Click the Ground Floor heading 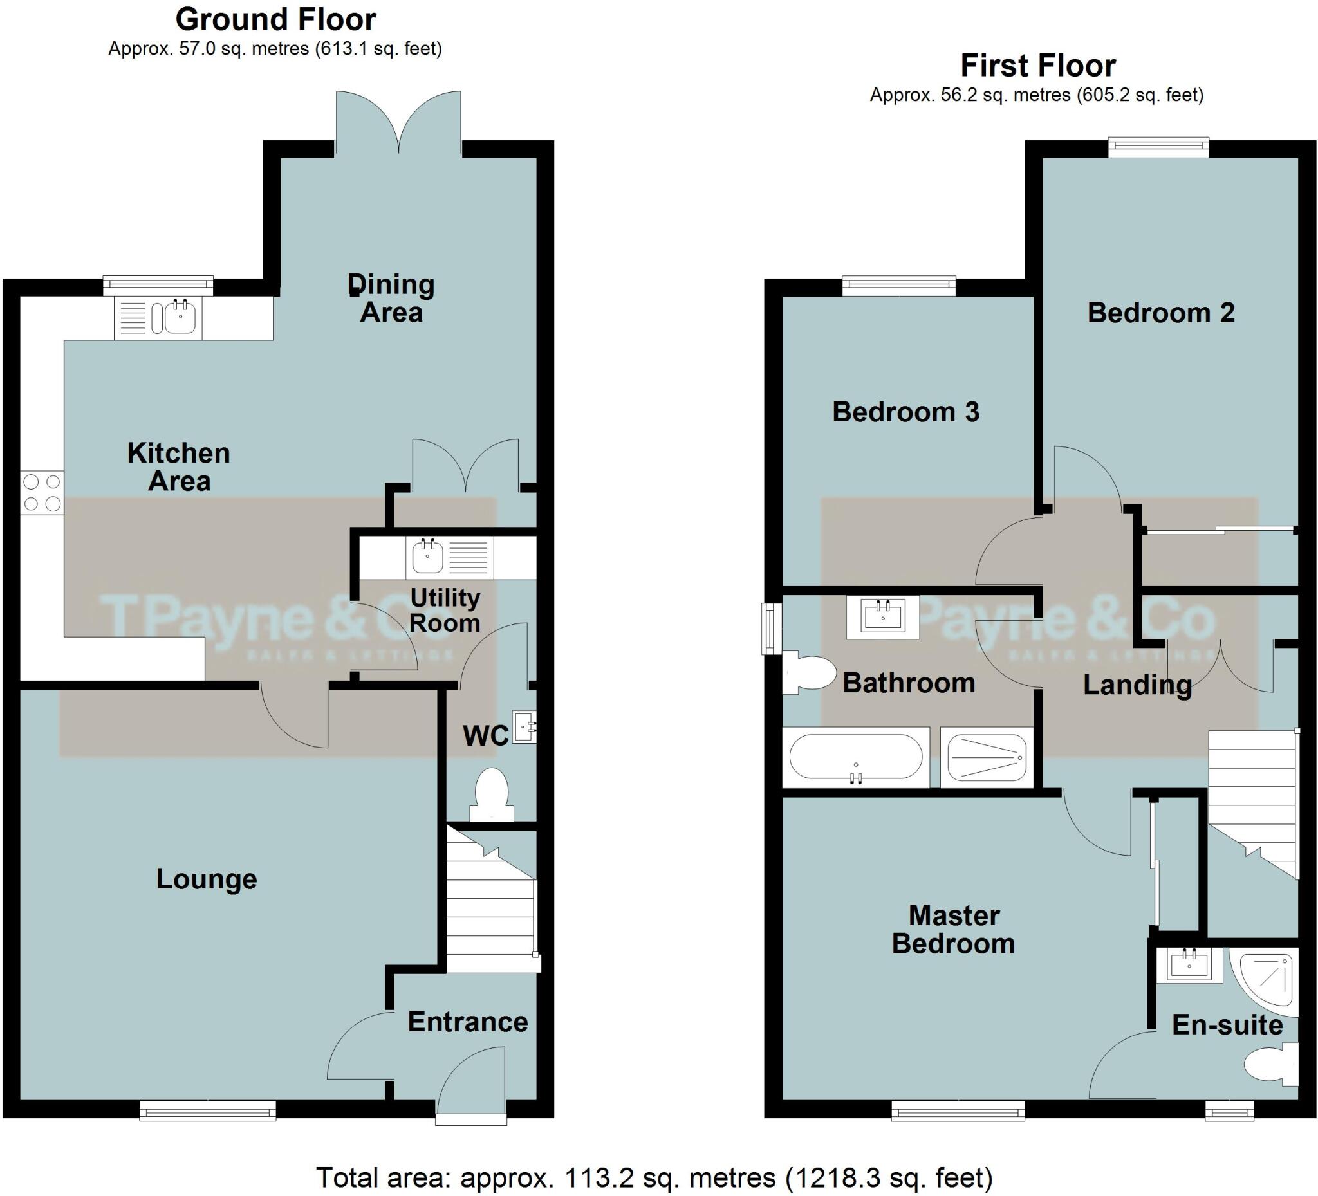coord(275,19)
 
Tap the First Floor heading coord(1037,66)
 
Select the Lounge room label coord(207,879)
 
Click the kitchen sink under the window coord(178,317)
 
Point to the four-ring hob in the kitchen coord(42,493)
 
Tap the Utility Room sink coord(428,557)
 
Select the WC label coord(485,737)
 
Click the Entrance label coord(467,1022)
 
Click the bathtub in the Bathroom coord(855,757)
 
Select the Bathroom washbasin coord(882,617)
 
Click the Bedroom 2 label coord(1160,313)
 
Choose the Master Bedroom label coord(953,930)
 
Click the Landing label coord(1137,685)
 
